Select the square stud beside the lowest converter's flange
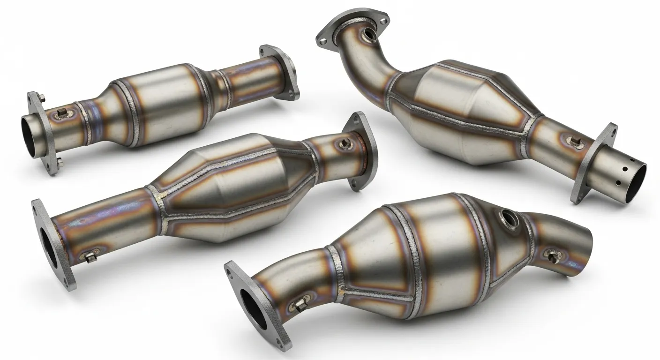pos(296,306)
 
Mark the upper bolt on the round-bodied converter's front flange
pos(40,98)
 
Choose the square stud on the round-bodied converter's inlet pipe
pos(61,113)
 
